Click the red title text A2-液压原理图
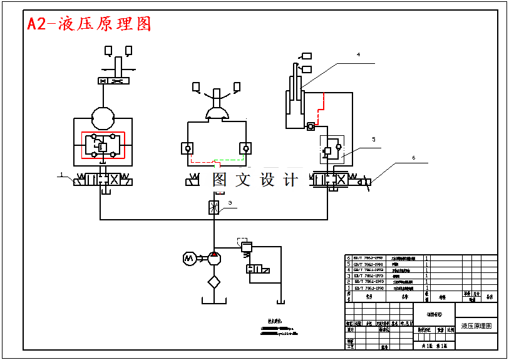(x=89, y=24)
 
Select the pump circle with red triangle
(x=214, y=257)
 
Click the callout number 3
(x=230, y=203)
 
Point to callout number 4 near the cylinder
(x=358, y=55)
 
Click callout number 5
(x=373, y=140)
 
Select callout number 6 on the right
(x=413, y=158)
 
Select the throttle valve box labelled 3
(x=214, y=207)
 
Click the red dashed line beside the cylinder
(x=322, y=106)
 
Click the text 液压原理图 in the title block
(x=476, y=326)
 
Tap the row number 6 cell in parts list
(x=349, y=257)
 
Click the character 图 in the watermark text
(x=220, y=180)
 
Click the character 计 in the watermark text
(x=291, y=180)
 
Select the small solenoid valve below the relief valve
(x=258, y=269)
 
